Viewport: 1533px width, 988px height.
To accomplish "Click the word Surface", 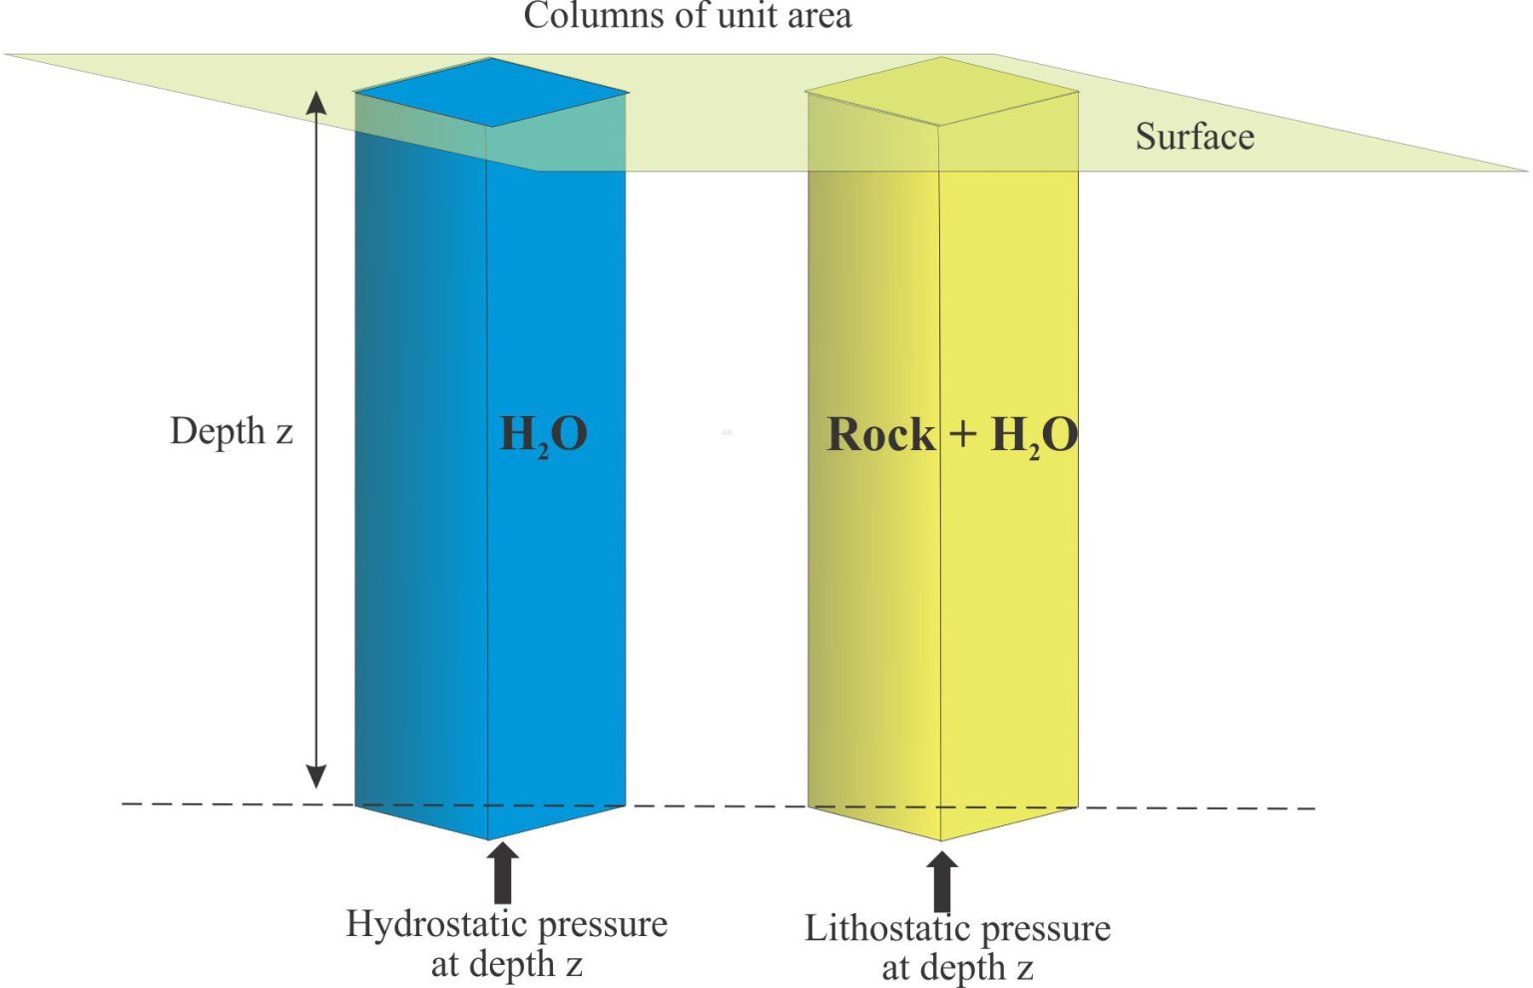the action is coord(1195,136).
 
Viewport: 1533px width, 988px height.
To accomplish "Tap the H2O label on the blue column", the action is coord(543,434).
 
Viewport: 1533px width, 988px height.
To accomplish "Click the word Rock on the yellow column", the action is coord(881,434).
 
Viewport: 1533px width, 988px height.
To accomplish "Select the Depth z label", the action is coord(232,432).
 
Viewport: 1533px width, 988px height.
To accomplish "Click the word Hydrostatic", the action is coord(437,925).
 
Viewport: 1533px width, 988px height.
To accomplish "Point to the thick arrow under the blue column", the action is coord(503,872).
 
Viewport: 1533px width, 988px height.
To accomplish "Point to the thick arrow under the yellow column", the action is coord(942,881).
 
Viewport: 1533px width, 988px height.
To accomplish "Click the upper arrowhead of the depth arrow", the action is coord(315,103).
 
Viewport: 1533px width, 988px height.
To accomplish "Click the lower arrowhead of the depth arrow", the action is coord(315,776).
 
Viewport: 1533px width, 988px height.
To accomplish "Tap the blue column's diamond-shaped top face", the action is coord(491,92).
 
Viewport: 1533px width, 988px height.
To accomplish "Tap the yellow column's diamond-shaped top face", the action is coord(942,91).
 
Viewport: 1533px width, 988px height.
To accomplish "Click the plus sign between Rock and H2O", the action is coord(962,434).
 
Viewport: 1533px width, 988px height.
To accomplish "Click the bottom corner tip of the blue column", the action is coord(488,839).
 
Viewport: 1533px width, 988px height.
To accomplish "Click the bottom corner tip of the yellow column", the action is coord(941,840).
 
